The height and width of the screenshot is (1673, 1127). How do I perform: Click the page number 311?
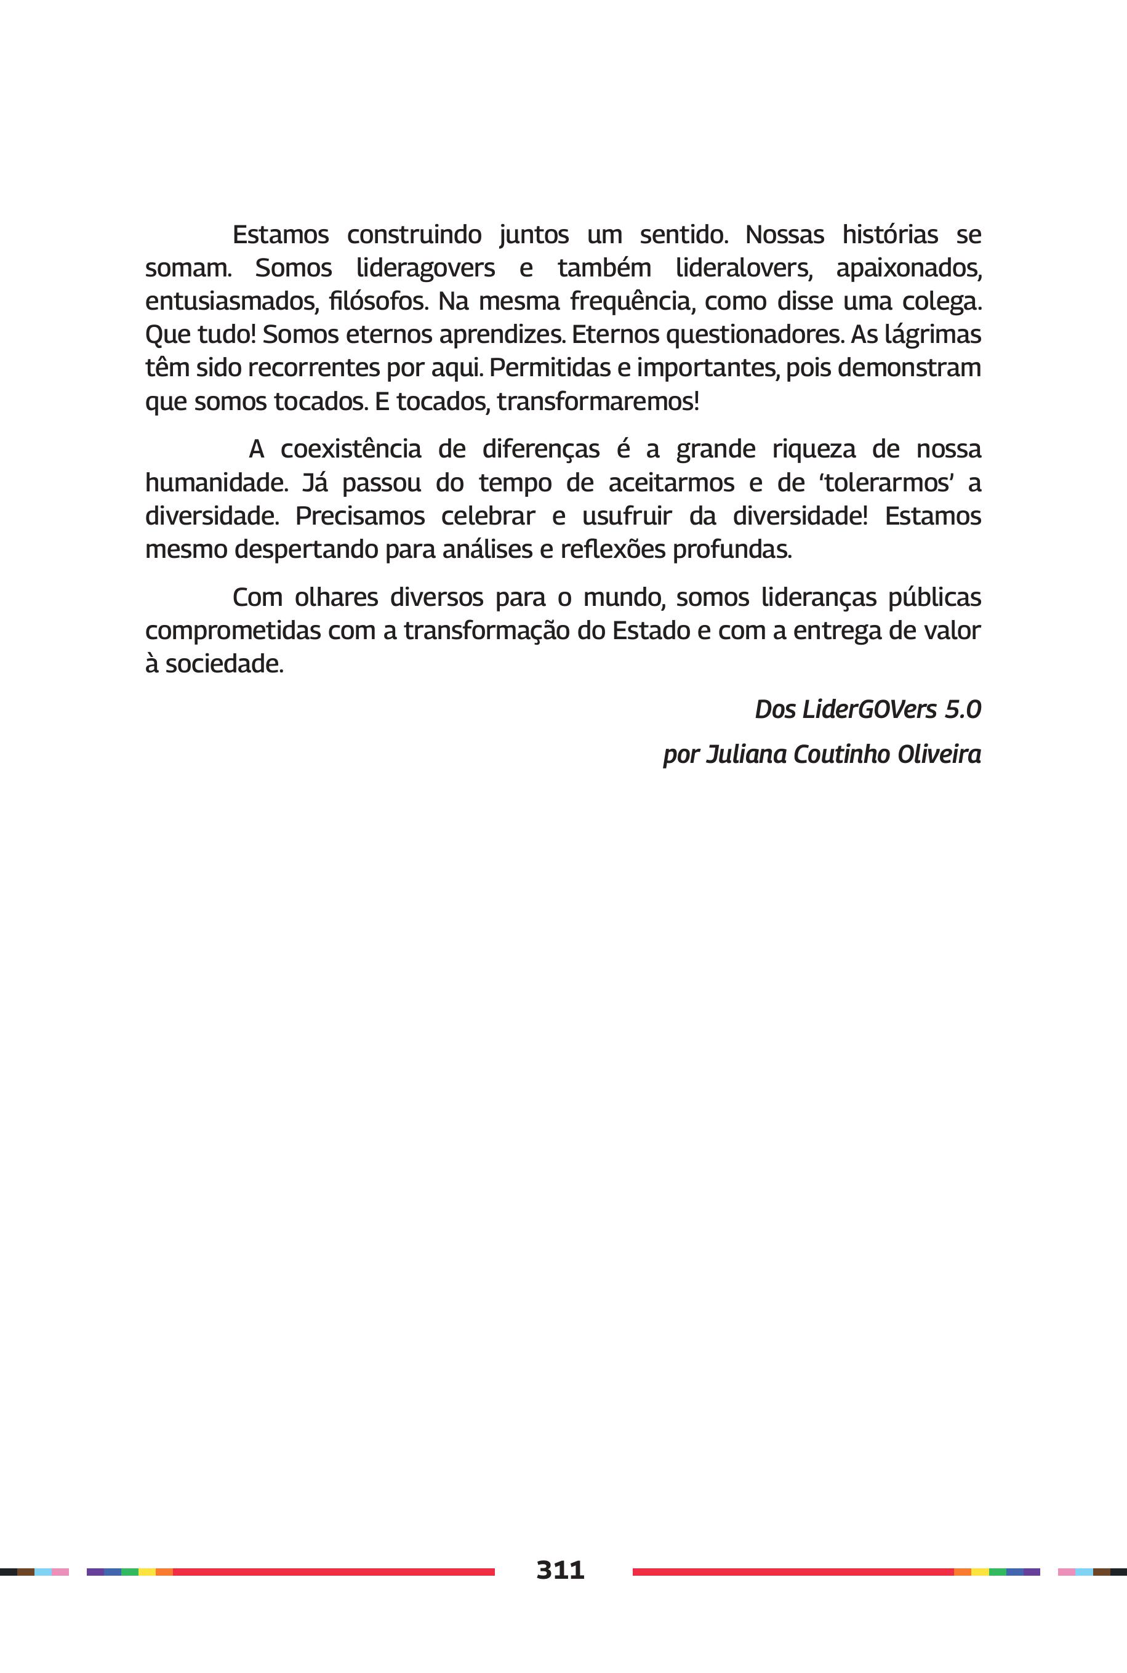click(560, 1569)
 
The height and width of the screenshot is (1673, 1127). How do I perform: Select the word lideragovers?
click(425, 268)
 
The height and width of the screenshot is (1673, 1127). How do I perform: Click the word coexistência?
click(350, 449)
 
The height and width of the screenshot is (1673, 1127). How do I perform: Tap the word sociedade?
click(223, 664)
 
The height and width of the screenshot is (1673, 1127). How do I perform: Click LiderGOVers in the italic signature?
click(869, 709)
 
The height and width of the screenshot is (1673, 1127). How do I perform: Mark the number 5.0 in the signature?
click(963, 709)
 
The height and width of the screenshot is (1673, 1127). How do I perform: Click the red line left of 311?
click(334, 1571)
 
